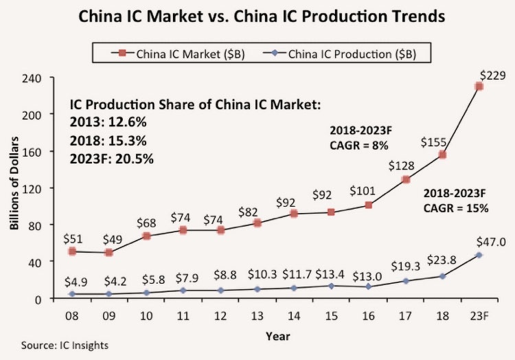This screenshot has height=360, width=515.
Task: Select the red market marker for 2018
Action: (x=442, y=155)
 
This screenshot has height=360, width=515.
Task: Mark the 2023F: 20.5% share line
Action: (x=113, y=158)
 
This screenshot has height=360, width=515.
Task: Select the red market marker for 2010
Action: (x=146, y=236)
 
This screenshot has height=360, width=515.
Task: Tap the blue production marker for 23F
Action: (x=479, y=255)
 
